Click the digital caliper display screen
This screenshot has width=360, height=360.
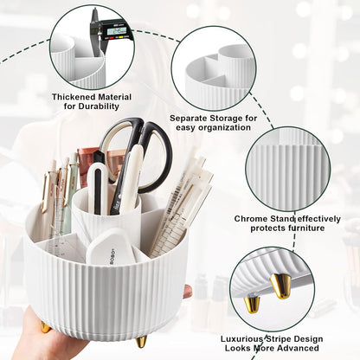coord(115,31)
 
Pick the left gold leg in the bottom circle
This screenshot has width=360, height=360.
coord(252,302)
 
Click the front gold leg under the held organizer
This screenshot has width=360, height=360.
coord(141,341)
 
